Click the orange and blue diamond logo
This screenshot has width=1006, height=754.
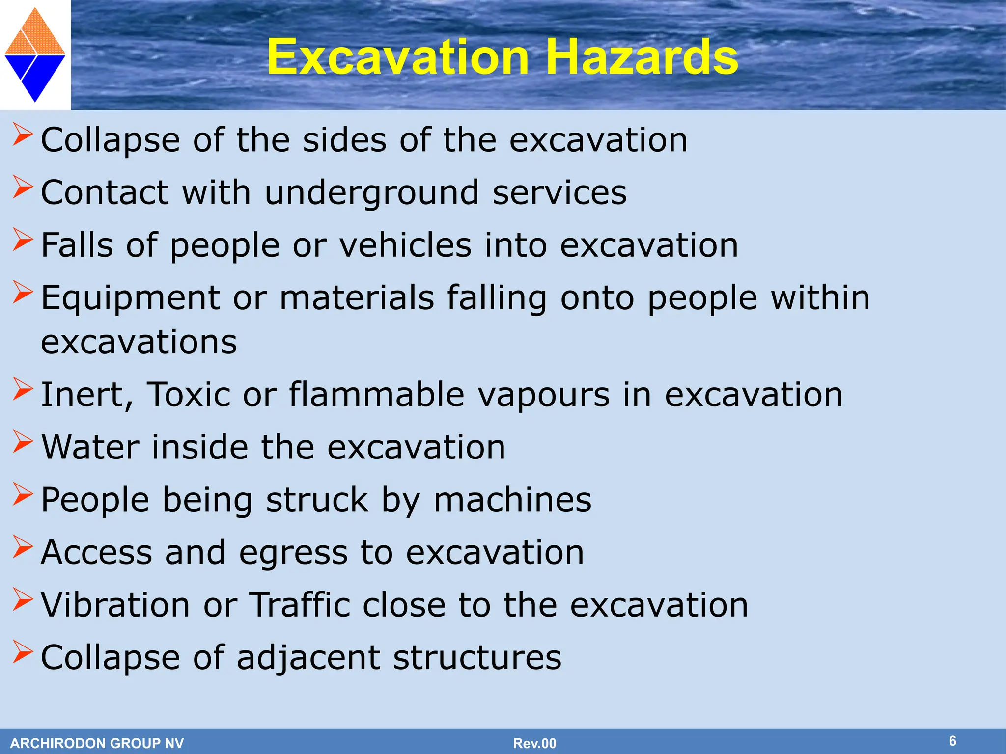point(35,55)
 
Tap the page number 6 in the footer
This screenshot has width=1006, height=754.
point(952,741)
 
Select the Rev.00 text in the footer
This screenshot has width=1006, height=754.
point(534,743)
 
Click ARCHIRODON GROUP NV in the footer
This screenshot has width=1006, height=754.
point(97,743)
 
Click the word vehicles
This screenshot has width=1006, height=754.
point(405,245)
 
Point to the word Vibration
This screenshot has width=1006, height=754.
point(115,605)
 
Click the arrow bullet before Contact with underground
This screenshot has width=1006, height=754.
point(23,187)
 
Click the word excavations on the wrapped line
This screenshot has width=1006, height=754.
point(139,342)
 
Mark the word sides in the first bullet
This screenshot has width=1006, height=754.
point(344,140)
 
